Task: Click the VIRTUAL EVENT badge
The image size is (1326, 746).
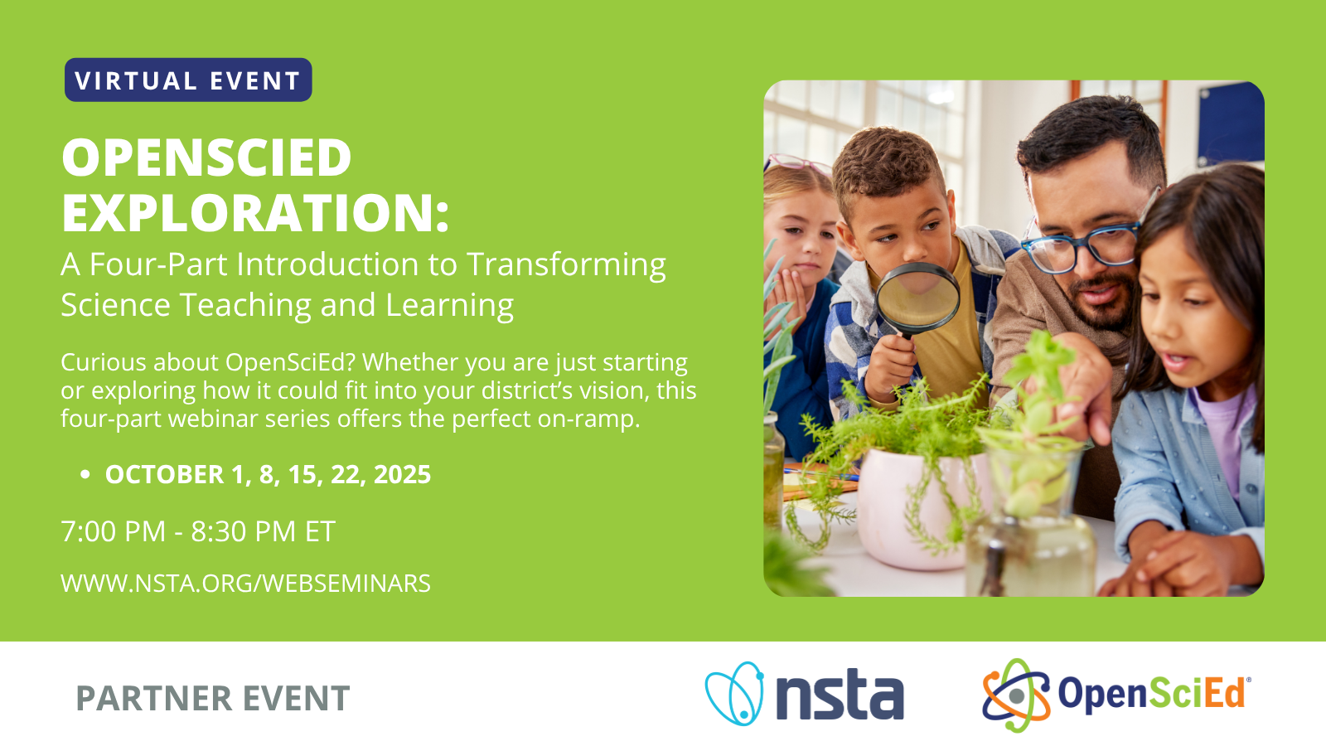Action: pyautogui.click(x=188, y=80)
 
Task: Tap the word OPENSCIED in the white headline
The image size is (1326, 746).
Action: pyautogui.click(x=206, y=157)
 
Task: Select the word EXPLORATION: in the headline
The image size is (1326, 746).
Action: pyautogui.click(x=255, y=213)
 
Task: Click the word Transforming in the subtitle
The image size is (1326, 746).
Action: pyautogui.click(x=566, y=265)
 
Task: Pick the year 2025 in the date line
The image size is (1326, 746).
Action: pyautogui.click(x=402, y=474)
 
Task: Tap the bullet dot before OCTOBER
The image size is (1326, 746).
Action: pyautogui.click(x=85, y=475)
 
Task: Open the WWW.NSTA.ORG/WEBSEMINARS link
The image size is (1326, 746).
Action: pyautogui.click(x=245, y=584)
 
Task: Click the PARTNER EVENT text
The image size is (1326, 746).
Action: pyautogui.click(x=212, y=699)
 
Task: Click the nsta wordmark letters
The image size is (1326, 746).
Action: pyautogui.click(x=840, y=696)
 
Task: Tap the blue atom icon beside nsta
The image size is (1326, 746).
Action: pyautogui.click(x=734, y=694)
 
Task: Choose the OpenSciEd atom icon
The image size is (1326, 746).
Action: pyautogui.click(x=1016, y=695)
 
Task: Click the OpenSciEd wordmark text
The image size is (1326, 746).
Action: pyautogui.click(x=1152, y=693)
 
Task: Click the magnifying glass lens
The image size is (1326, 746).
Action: pyautogui.click(x=917, y=296)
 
